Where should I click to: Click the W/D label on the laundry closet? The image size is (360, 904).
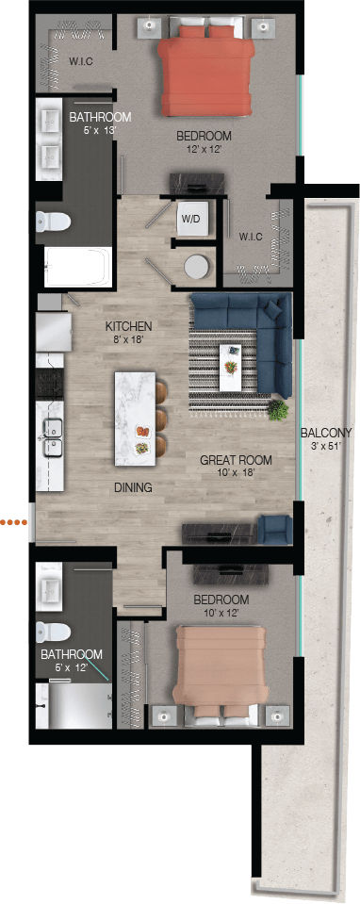pyautogui.click(x=191, y=219)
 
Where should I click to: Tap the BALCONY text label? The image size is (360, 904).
pyautogui.click(x=328, y=433)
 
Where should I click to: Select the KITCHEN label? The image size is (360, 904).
pyautogui.click(x=129, y=327)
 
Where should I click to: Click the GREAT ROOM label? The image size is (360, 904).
pyautogui.click(x=236, y=461)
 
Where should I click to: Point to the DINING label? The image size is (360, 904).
pyautogui.click(x=132, y=487)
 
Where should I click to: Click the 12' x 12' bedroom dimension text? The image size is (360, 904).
pyautogui.click(x=204, y=149)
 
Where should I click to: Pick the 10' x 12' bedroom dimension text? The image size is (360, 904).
pyautogui.click(x=221, y=614)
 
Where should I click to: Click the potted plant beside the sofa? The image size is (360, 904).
pyautogui.click(x=277, y=410)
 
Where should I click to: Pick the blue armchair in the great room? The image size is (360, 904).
pyautogui.click(x=275, y=529)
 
